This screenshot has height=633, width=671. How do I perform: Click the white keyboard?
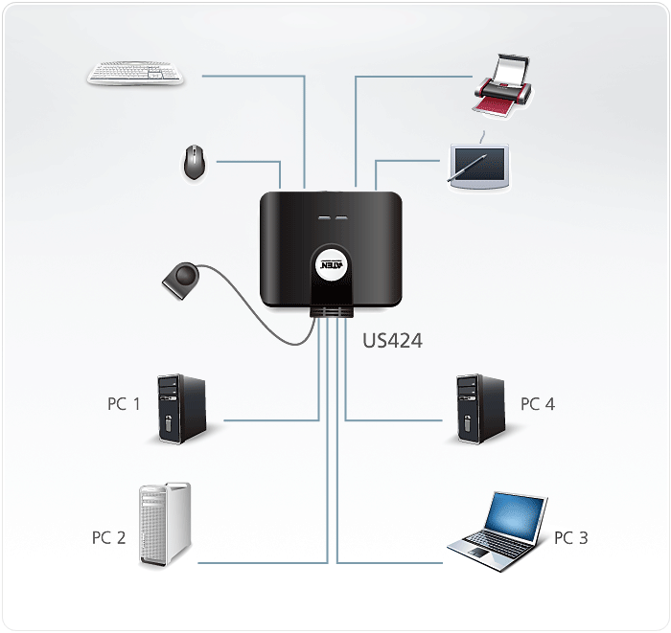[x=136, y=74]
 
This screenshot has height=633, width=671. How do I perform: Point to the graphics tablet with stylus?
[x=479, y=164]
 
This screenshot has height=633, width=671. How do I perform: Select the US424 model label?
[x=392, y=340]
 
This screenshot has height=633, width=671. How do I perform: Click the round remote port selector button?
[x=182, y=279]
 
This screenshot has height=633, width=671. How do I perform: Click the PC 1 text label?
[x=124, y=404]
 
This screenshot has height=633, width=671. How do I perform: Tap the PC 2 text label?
[x=108, y=537]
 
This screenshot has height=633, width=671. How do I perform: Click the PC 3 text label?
[x=570, y=537]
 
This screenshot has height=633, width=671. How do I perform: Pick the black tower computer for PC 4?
[x=479, y=410]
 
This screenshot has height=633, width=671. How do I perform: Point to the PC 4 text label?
[x=537, y=404]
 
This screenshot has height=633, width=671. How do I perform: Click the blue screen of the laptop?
[x=514, y=517]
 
